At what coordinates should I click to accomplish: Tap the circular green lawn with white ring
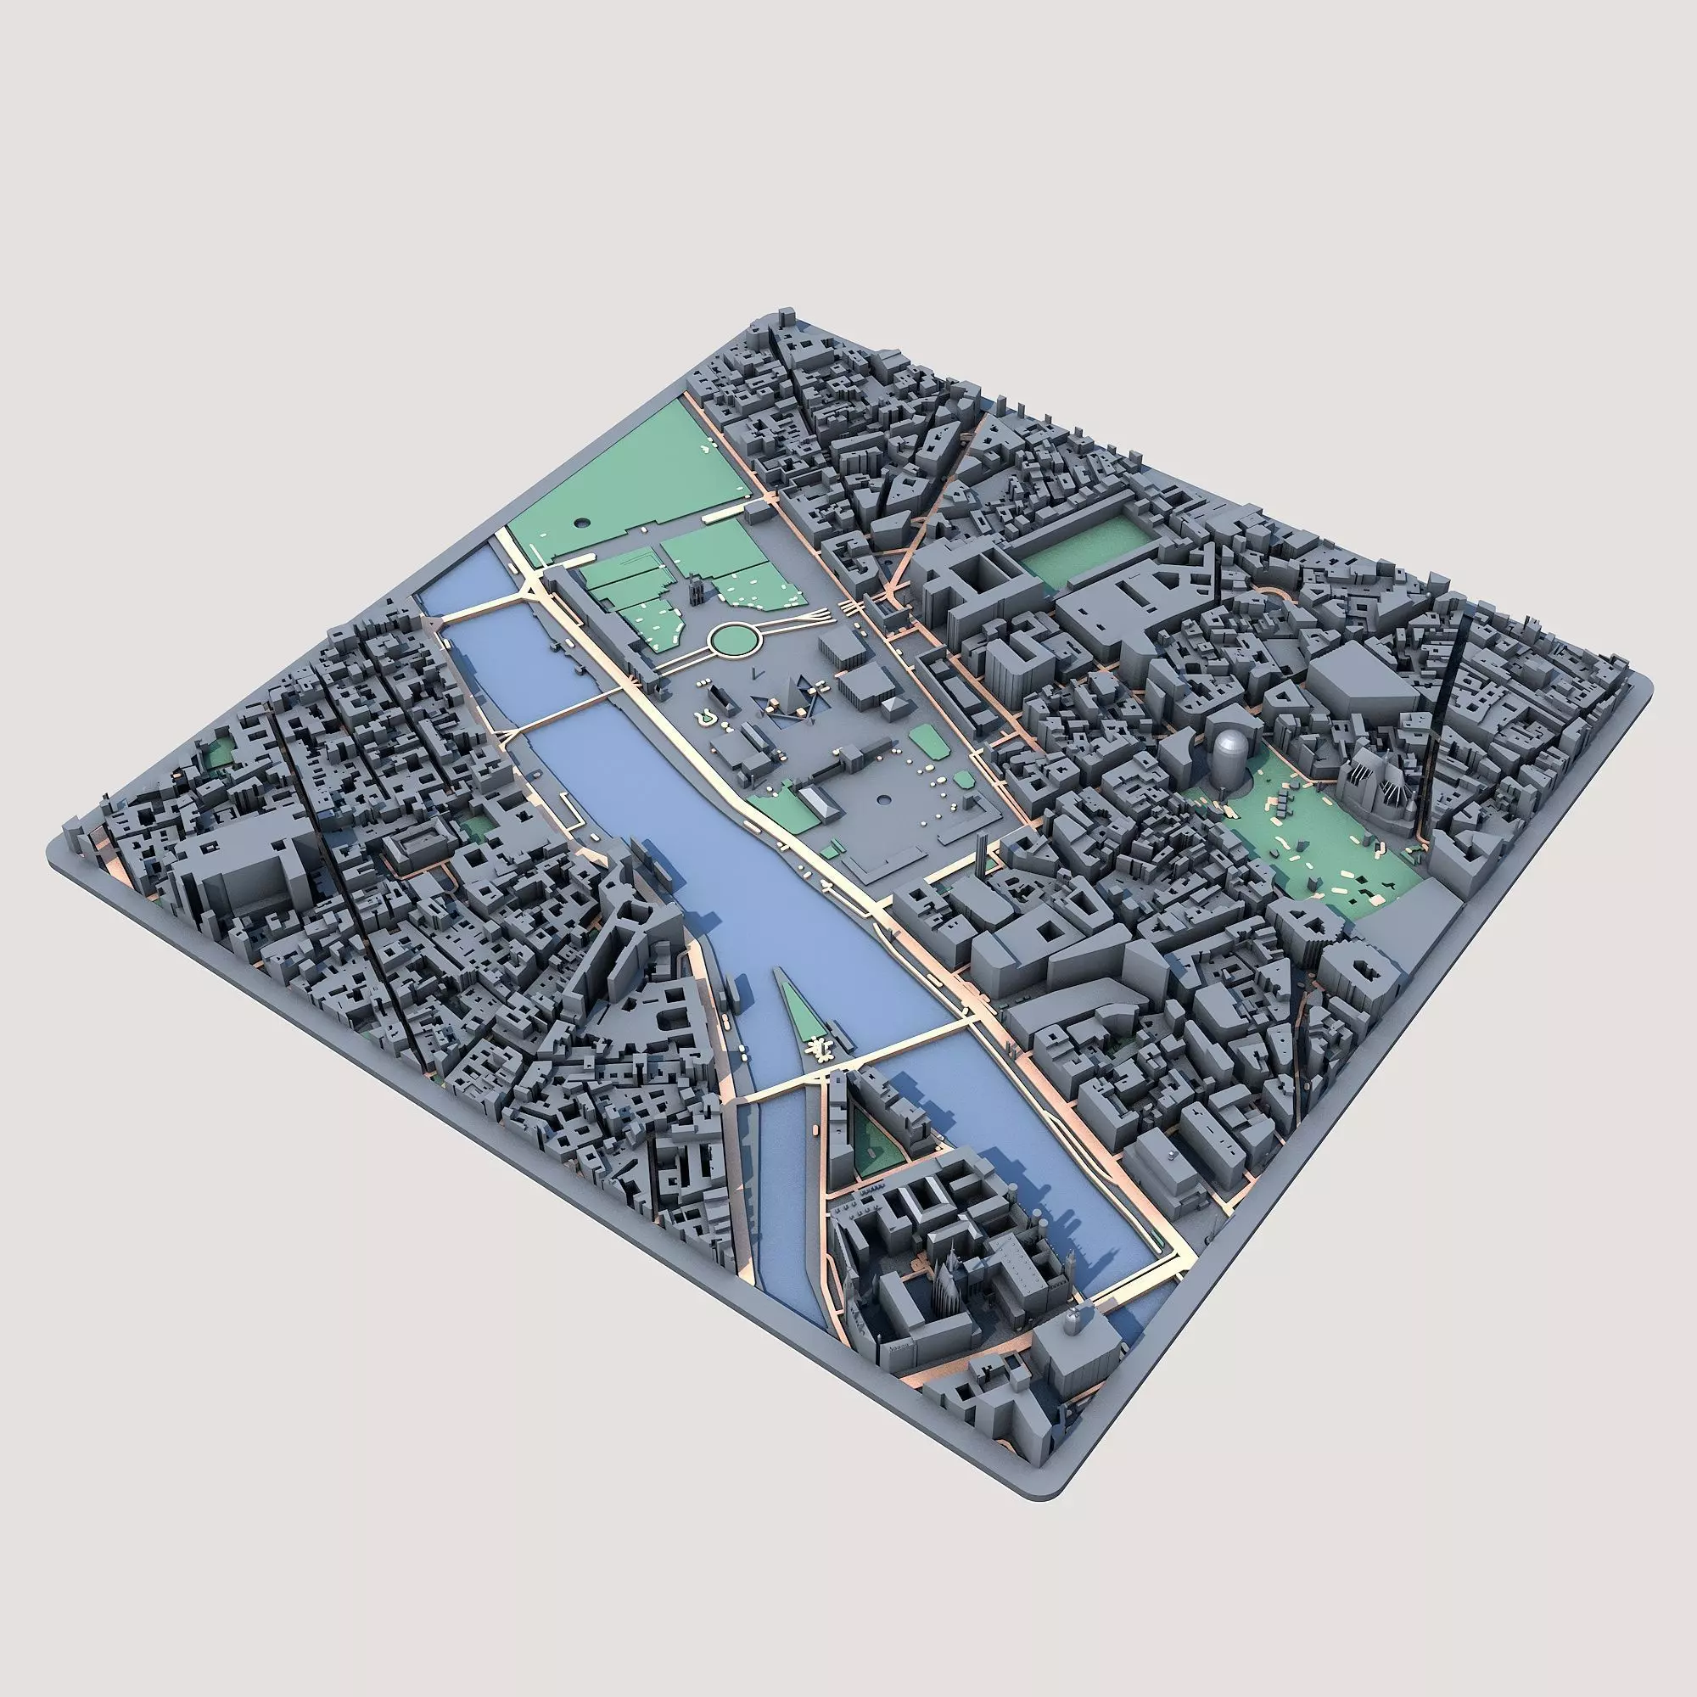[734, 640]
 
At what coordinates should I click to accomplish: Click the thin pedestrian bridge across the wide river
[560, 714]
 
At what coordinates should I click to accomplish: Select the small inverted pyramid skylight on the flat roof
[894, 706]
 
